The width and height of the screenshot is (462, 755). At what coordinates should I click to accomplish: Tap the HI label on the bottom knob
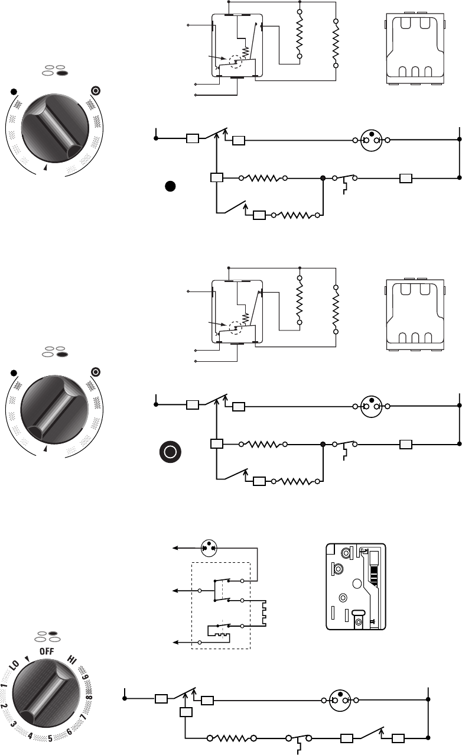[73, 659]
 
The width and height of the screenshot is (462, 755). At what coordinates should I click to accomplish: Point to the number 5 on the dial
[50, 738]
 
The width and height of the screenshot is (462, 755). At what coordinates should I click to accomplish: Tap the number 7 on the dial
[83, 717]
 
